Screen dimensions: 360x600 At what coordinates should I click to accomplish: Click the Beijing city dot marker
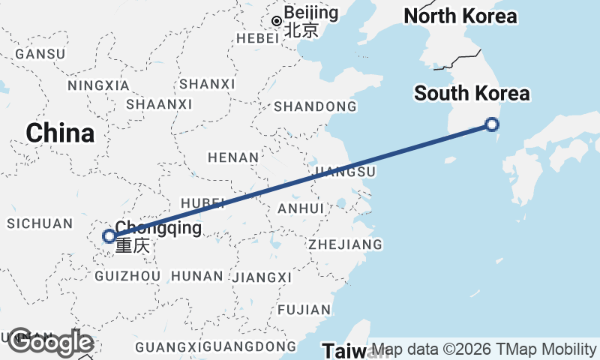click(277, 21)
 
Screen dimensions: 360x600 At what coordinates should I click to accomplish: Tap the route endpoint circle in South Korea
click(492, 124)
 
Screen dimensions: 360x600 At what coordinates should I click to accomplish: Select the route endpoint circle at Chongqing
click(109, 236)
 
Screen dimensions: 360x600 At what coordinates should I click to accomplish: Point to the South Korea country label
click(472, 94)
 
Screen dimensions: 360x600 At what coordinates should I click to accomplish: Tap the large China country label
click(60, 133)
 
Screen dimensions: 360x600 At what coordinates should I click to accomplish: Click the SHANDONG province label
click(315, 107)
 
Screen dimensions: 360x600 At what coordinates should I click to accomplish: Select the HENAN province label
click(233, 157)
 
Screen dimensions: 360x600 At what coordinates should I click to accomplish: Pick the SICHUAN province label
click(40, 223)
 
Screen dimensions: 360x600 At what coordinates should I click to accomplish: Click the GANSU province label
click(40, 54)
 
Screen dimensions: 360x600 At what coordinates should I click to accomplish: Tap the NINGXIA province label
click(98, 85)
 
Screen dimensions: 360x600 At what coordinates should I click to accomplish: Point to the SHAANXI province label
click(159, 103)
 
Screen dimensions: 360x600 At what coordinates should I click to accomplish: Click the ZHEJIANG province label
click(345, 244)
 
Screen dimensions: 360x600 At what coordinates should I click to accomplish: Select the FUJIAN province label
click(304, 310)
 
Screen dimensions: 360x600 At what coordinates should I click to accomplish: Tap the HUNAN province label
click(197, 276)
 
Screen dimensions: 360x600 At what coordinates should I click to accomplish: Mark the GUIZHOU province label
click(128, 276)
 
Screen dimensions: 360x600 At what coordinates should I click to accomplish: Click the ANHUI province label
click(300, 208)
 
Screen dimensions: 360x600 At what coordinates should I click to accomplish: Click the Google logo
click(50, 342)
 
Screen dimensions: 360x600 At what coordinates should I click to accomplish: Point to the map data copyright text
click(484, 349)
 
